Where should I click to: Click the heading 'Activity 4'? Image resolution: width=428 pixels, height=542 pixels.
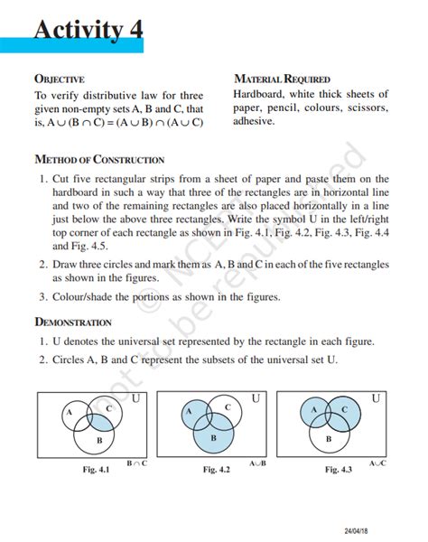(88, 31)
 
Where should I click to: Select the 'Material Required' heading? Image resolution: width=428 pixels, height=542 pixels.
(282, 79)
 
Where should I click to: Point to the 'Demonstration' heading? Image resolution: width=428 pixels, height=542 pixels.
(73, 322)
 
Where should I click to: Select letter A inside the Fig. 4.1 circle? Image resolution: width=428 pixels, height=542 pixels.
(69, 412)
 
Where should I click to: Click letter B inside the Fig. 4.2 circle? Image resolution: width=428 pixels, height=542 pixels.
(214, 437)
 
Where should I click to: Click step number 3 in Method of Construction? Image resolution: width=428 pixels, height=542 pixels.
(43, 296)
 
